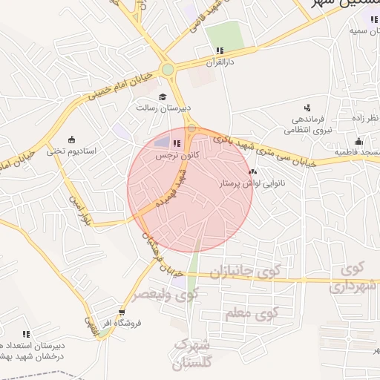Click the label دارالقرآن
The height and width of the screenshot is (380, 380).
coord(220,62)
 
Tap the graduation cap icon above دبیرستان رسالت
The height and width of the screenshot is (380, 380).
coord(163,96)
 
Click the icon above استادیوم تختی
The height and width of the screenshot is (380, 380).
coord(71,140)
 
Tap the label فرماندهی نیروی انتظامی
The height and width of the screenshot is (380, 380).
coord(309,124)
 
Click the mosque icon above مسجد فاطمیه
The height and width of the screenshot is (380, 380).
coord(358,141)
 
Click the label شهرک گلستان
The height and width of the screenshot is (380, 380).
coord(191,354)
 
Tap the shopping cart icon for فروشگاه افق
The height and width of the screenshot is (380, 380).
coord(122,312)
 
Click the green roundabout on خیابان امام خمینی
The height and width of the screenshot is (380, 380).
coord(168,71)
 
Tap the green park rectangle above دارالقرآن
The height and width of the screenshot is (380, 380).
coord(224,35)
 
